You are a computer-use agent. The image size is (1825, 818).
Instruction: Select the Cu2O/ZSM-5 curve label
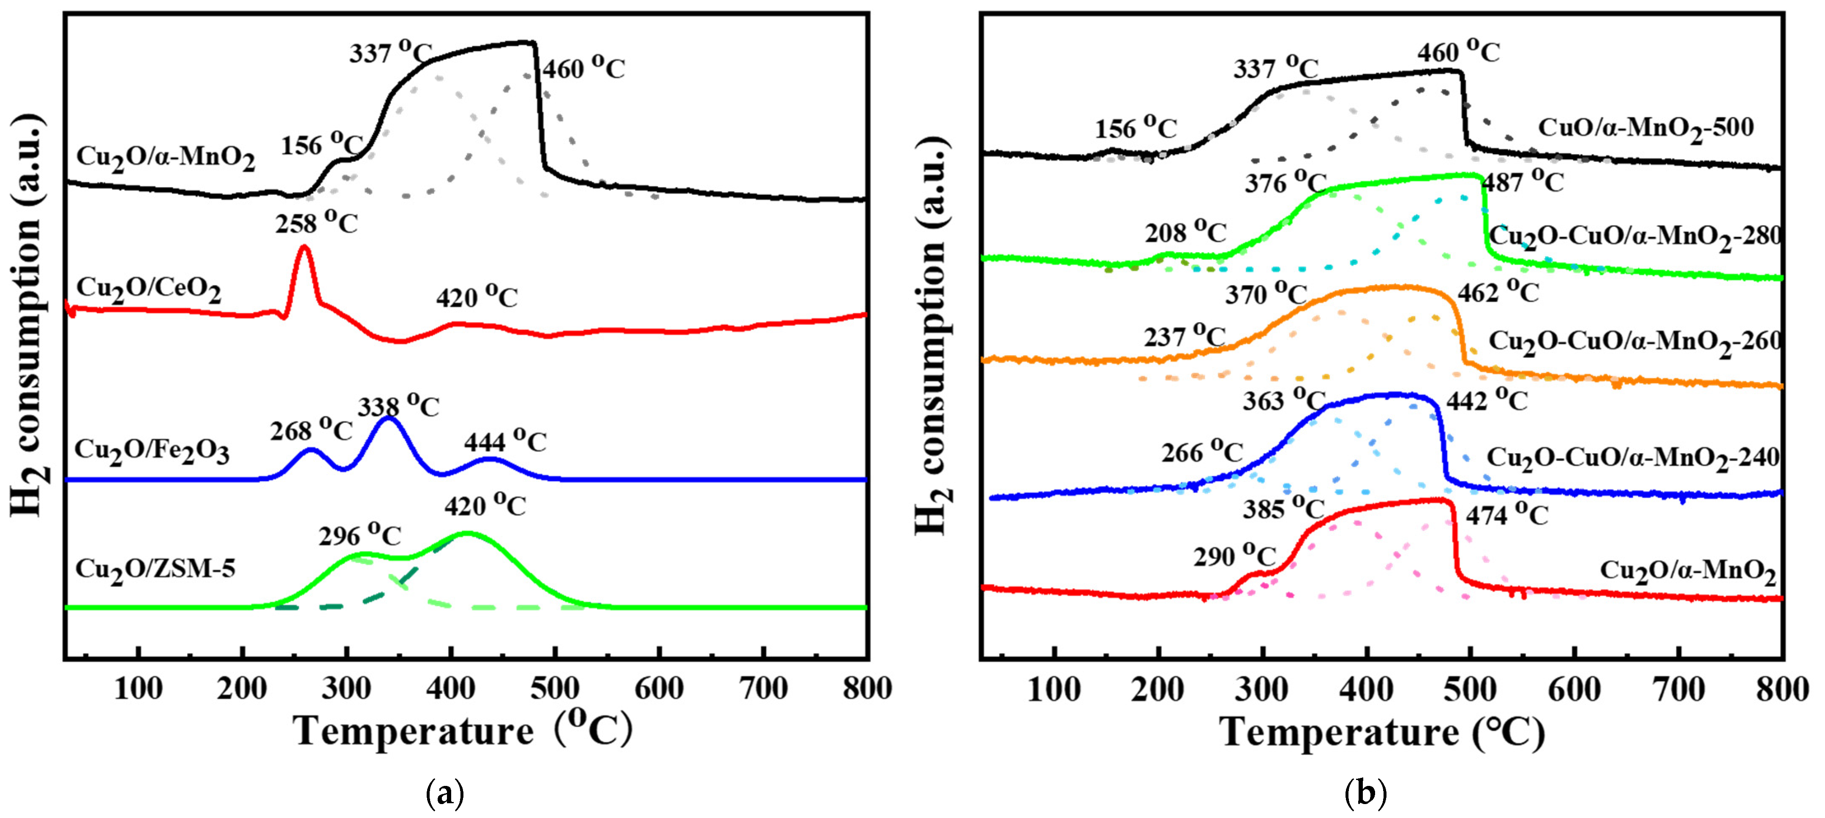[155, 569]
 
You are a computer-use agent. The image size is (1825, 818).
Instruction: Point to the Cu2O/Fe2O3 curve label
[152, 451]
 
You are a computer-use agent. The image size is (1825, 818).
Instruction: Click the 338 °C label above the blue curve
[398, 407]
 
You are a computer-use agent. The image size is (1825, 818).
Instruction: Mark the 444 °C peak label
[505, 441]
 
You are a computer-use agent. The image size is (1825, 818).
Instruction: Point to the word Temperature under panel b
[1339, 732]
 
